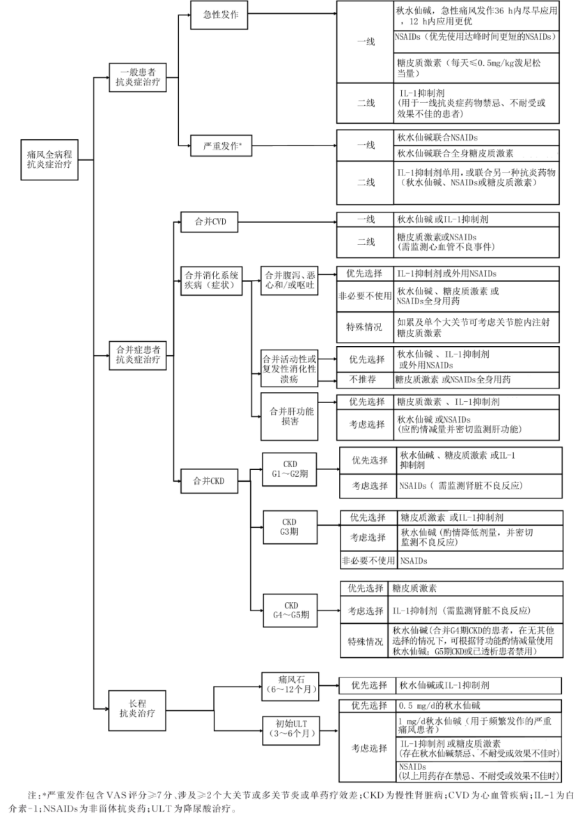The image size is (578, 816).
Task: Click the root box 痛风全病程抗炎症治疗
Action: [49, 159]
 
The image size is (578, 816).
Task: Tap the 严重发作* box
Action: [221, 146]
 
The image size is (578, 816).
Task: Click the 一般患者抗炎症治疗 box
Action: [137, 77]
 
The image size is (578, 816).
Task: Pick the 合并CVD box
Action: [210, 221]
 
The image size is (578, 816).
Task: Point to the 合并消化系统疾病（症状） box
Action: [212, 281]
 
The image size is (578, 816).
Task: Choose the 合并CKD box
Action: [210, 481]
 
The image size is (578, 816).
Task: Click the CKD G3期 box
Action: [290, 527]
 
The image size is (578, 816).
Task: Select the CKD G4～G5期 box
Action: [290, 610]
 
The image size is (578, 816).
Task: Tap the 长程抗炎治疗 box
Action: [137, 708]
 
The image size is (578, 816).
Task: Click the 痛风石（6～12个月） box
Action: [290, 685]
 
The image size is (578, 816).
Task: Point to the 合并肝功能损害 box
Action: [289, 416]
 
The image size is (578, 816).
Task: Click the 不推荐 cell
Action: [364, 379]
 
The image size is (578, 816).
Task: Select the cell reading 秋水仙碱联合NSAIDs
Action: [476, 138]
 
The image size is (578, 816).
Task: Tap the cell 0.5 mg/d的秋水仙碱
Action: [478, 706]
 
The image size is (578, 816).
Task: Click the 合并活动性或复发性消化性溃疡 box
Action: [289, 368]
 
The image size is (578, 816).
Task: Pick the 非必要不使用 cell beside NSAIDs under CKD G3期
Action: [368, 560]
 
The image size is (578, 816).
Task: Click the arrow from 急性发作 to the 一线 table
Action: [292, 14]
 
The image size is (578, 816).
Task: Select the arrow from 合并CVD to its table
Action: [288, 221]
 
